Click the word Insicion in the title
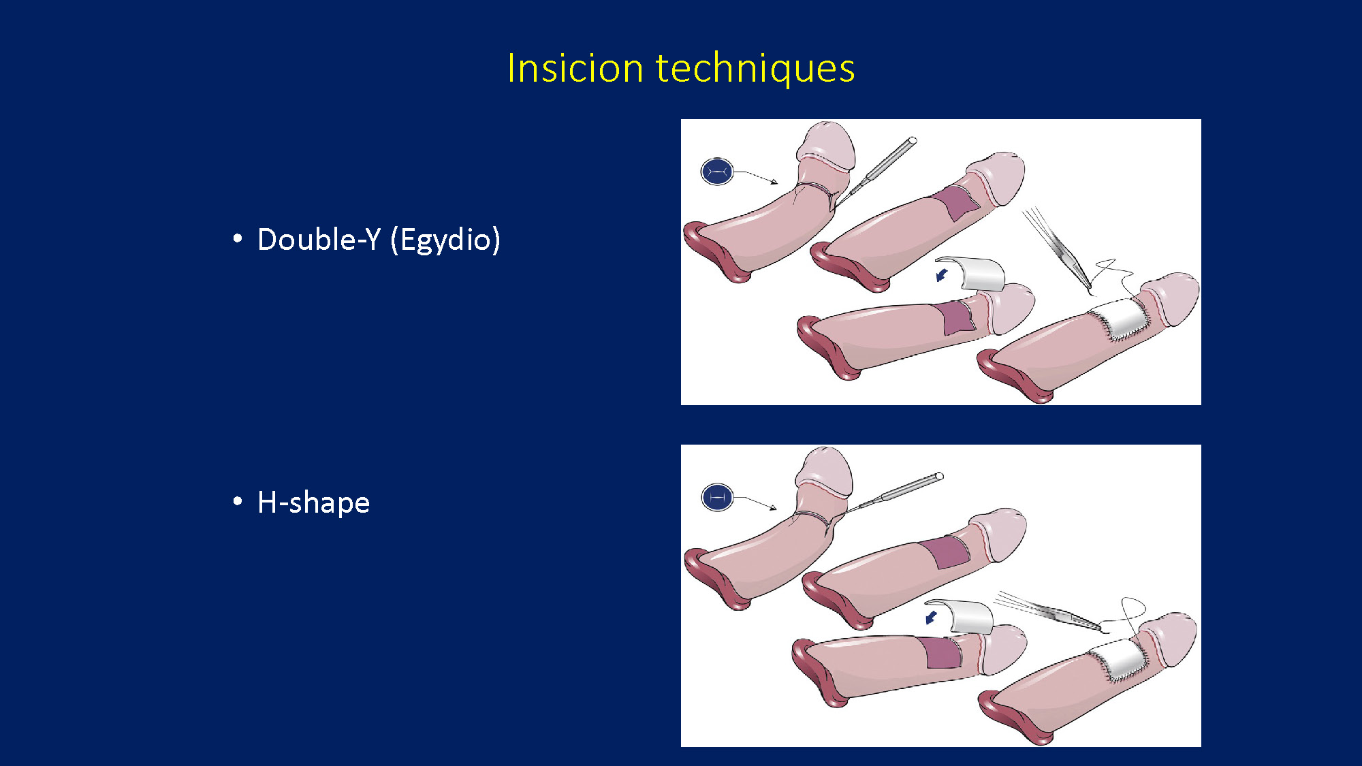click(575, 68)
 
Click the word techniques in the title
click(755, 68)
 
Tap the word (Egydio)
click(445, 240)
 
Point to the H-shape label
click(313, 503)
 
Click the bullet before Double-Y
click(238, 238)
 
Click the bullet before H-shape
click(238, 502)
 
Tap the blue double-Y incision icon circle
click(717, 172)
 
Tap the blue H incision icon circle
click(717, 498)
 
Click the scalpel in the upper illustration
click(878, 169)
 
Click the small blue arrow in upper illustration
click(942, 274)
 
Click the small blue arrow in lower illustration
click(931, 618)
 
